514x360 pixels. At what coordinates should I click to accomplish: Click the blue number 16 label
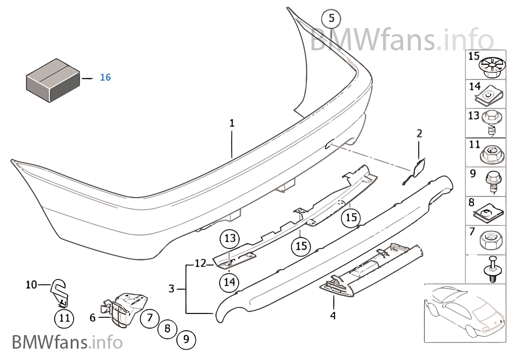coord(105,77)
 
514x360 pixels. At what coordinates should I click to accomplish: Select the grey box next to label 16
coord(53,80)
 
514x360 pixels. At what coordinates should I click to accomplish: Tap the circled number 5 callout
coord(331,18)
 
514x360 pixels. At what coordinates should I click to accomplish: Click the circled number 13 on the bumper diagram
coord(230,238)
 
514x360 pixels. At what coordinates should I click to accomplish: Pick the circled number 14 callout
coord(229,282)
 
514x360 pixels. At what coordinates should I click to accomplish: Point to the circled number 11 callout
coord(64,318)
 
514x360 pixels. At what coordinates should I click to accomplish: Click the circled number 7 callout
coord(150,317)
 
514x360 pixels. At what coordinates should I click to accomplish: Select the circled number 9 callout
coord(186,339)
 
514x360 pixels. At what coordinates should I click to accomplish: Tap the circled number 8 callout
coord(168,328)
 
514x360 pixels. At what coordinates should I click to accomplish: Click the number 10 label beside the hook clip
coord(31,285)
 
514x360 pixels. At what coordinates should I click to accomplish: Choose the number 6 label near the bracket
coord(93,317)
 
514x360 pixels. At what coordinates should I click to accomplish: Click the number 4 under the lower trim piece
coord(333,316)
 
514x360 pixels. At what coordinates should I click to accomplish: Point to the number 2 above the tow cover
coord(419,133)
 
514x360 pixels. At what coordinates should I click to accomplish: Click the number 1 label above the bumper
coord(232,123)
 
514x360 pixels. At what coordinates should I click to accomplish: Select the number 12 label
coord(200,263)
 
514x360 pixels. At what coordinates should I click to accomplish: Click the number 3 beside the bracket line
coord(172,289)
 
